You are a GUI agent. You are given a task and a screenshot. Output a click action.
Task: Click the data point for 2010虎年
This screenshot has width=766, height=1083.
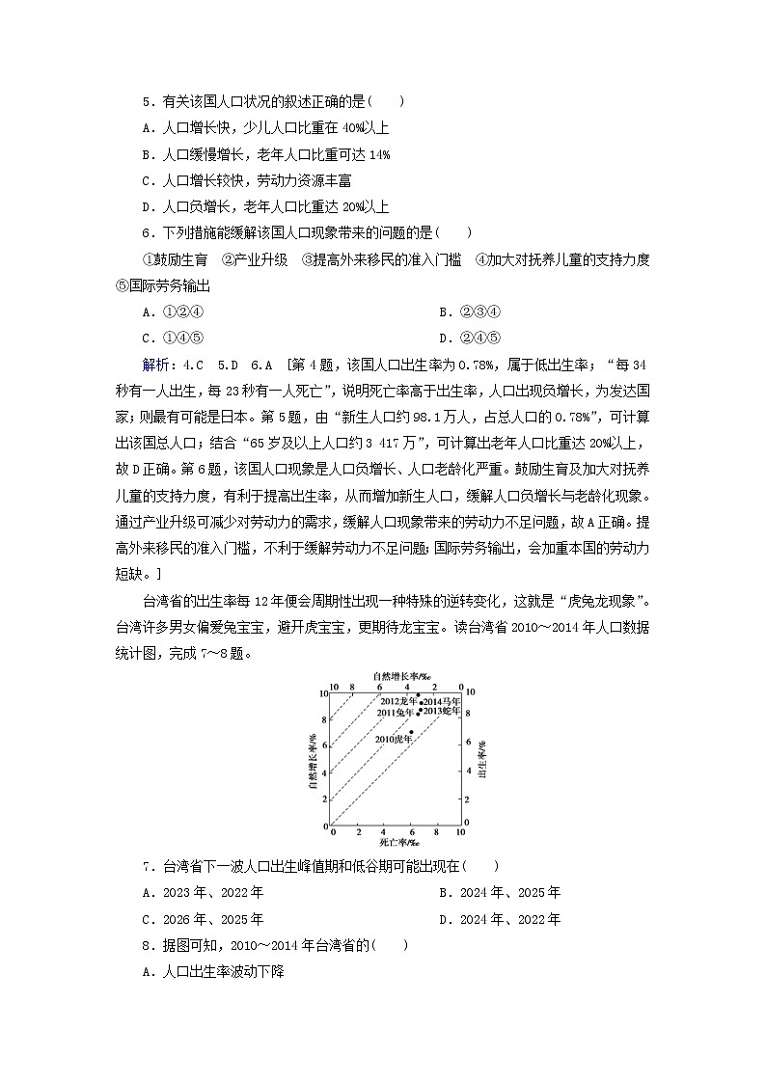(411, 733)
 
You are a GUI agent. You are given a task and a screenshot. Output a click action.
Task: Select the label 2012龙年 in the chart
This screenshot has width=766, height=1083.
(398, 701)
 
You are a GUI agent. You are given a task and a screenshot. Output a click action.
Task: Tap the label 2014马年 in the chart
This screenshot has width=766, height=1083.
(442, 701)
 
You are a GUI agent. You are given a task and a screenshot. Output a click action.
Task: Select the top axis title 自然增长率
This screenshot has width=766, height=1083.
(396, 677)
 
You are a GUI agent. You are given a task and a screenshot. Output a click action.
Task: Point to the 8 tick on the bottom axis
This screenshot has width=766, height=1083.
(436, 831)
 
